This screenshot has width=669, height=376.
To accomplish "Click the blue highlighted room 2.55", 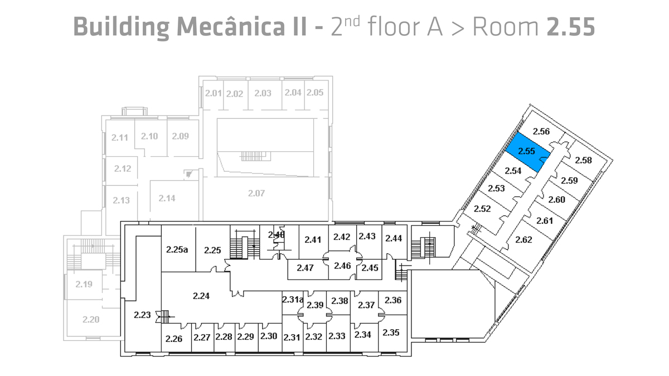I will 527,151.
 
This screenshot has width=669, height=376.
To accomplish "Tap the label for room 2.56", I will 541,132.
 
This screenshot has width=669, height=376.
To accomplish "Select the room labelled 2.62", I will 523,240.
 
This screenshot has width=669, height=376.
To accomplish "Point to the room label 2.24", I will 201,296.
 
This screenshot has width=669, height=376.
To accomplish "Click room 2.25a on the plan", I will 177,249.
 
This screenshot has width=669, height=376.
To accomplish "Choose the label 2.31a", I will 293,300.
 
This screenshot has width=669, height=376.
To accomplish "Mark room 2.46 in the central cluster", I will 342,265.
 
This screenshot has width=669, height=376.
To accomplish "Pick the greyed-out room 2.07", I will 256,193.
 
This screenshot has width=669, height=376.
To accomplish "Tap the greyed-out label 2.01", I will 214,93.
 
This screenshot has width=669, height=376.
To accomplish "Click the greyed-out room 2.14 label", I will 167,198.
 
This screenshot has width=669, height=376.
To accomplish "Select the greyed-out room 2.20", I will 90,320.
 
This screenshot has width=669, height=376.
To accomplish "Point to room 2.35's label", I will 391,332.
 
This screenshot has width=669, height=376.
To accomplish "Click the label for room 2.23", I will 142,315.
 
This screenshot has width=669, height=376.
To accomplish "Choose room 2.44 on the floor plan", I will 394,238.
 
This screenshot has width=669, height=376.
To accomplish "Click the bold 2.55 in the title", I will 571,26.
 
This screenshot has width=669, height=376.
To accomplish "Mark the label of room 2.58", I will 583,161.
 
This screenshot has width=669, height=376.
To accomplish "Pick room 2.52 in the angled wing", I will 482,209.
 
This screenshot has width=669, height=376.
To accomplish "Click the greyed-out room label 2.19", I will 84,284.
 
